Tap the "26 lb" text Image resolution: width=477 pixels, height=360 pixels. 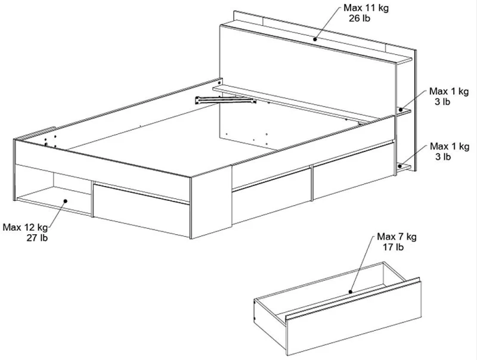click(360, 18)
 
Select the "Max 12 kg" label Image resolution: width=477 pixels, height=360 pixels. click(25, 228)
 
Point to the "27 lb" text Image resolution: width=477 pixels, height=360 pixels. click(37, 238)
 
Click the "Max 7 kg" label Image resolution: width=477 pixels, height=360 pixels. click(397, 237)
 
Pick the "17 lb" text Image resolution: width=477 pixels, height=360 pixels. click(393, 247)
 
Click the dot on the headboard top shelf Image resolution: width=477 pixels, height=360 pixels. click(315, 39)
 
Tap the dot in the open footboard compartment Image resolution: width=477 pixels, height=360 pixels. click(65, 201)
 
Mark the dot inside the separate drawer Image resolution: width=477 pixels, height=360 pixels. click(351, 292)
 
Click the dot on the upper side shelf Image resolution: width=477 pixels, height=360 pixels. click(401, 110)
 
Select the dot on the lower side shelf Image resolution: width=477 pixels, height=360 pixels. click(400, 166)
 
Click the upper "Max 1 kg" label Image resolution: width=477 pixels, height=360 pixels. click(449, 92)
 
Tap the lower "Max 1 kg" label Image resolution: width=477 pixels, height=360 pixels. click(450, 147)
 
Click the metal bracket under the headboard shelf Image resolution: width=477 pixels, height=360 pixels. click(225, 100)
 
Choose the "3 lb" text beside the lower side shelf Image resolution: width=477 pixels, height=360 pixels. click(442, 157)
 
